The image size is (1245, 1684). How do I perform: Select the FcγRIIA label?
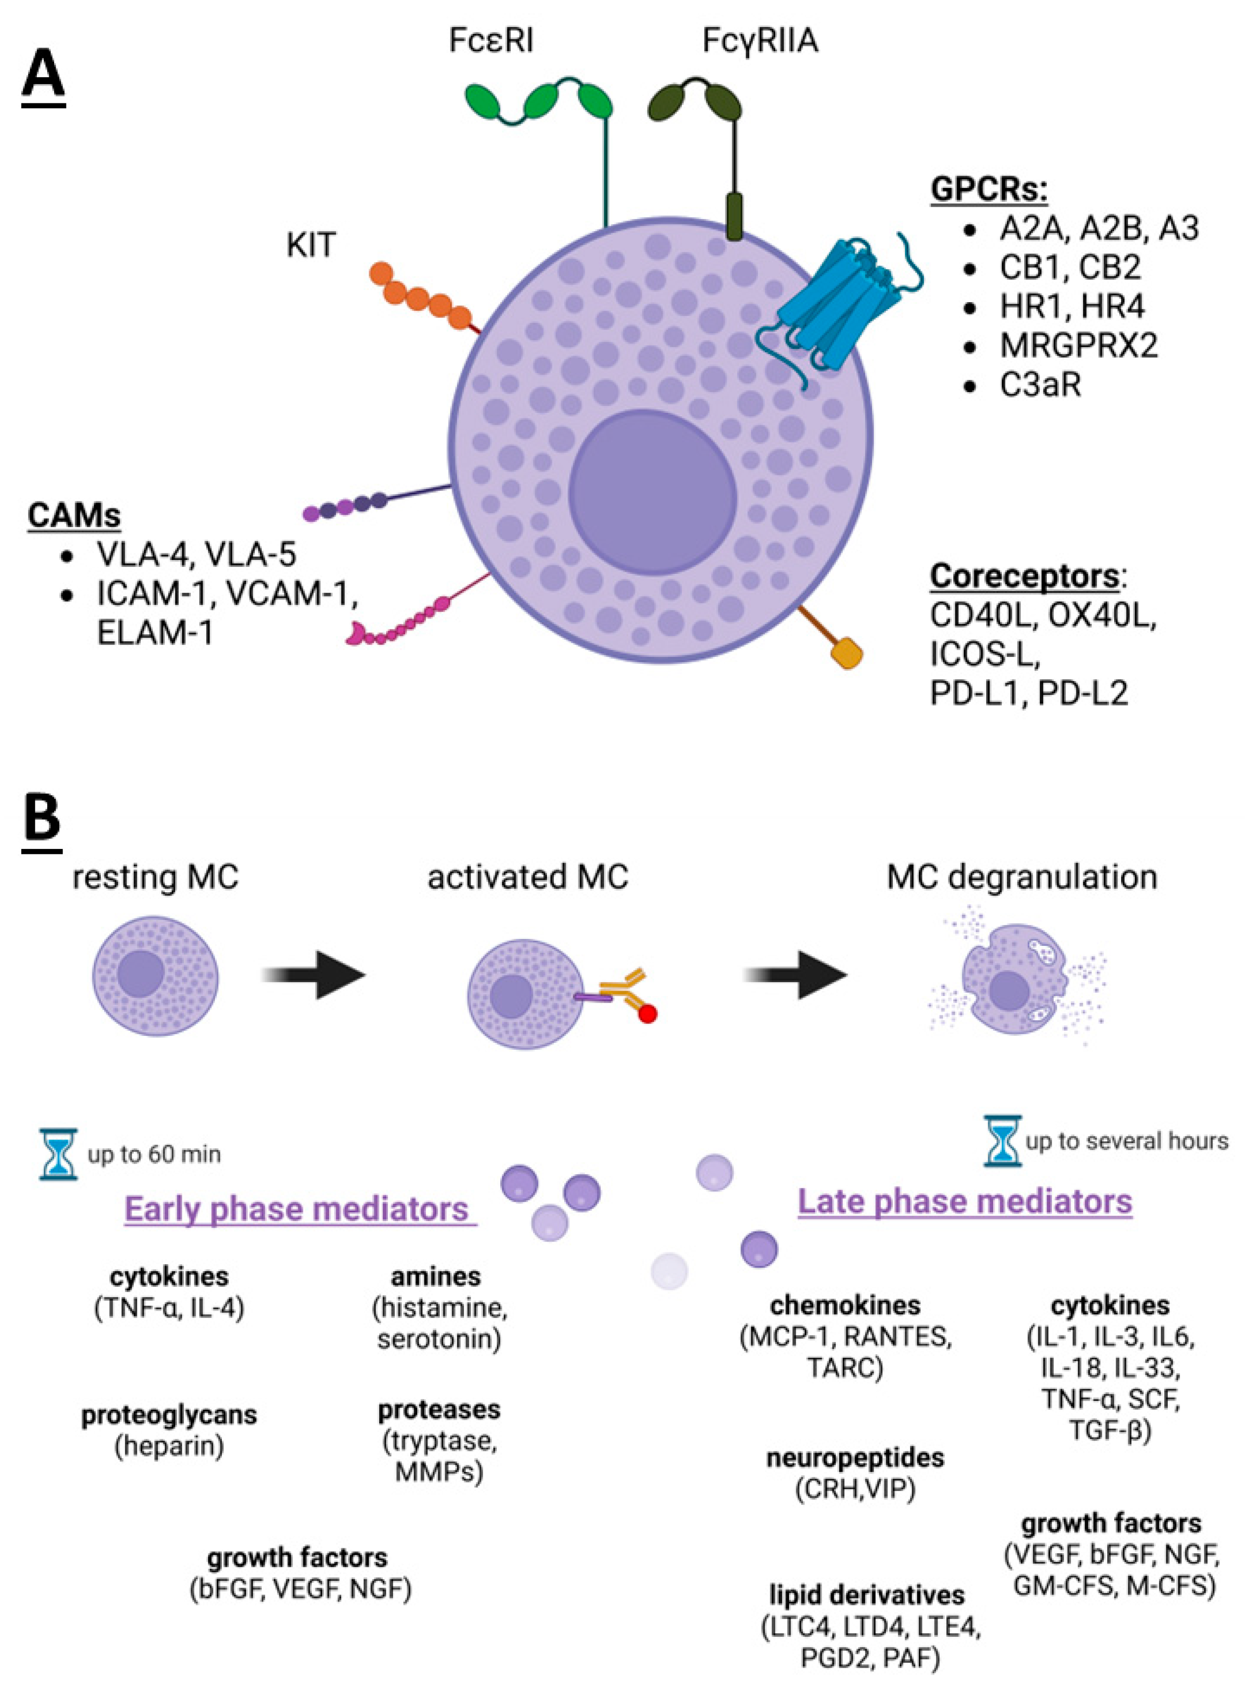pyautogui.click(x=759, y=40)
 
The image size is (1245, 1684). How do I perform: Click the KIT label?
pyautogui.click(x=310, y=245)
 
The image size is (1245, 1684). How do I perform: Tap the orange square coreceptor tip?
pyautogui.click(x=847, y=653)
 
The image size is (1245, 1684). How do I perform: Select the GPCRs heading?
pyautogui.click(x=988, y=189)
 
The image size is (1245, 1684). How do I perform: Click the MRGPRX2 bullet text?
pyautogui.click(x=1078, y=346)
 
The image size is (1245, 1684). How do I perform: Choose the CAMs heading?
pyautogui.click(x=74, y=516)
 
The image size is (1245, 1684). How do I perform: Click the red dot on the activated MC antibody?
pyautogui.click(x=647, y=1014)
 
